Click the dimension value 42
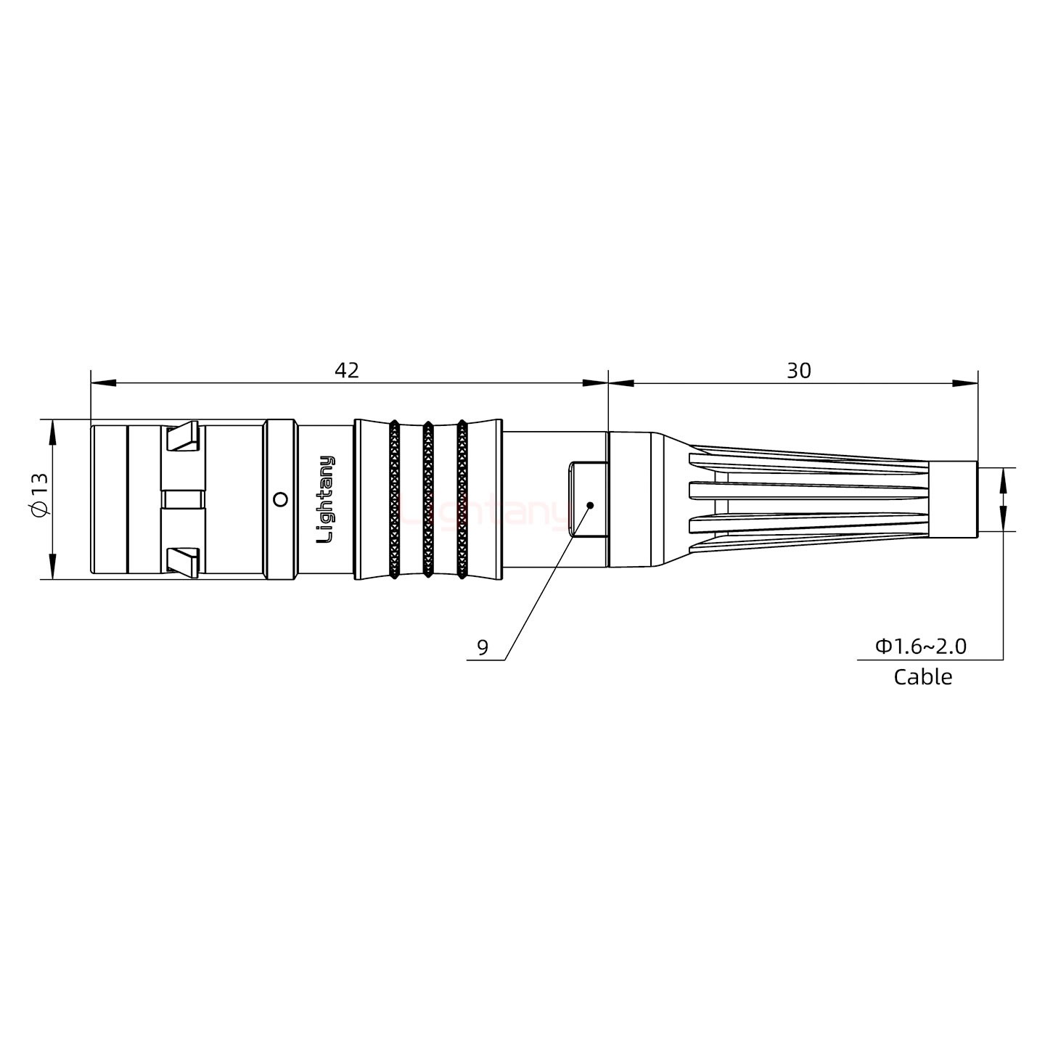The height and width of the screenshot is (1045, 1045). tap(347, 370)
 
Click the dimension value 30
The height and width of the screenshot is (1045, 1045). tap(798, 370)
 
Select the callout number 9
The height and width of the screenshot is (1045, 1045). tap(483, 647)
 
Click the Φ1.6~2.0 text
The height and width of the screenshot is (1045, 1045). tap(921, 646)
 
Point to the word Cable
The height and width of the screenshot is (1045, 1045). tap(922, 677)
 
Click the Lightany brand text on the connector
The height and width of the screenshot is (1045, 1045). tap(327, 499)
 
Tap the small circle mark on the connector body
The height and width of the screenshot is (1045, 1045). tap(279, 499)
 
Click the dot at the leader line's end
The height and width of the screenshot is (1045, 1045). tap(590, 504)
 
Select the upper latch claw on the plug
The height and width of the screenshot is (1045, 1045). tap(183, 437)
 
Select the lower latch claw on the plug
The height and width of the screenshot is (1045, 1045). tap(183, 562)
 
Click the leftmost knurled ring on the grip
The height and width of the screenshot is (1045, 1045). tap(394, 499)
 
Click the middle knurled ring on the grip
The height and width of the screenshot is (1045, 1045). tap(428, 499)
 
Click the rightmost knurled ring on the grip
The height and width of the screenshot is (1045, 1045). tap(462, 499)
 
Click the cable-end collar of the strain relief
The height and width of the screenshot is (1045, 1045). tap(953, 499)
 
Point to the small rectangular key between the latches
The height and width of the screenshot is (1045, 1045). tap(183, 499)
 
